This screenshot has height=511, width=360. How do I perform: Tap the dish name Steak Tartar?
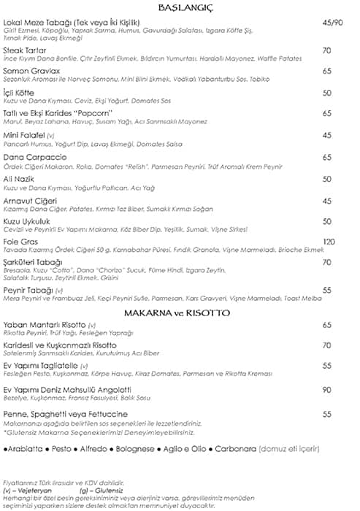[23, 50]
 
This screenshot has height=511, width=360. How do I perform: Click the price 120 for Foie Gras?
[329, 242]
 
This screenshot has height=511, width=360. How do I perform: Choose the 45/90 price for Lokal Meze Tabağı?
[332, 23]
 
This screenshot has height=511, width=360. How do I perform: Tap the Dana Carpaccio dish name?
[34, 157]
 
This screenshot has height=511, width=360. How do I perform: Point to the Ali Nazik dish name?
[19, 178]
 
